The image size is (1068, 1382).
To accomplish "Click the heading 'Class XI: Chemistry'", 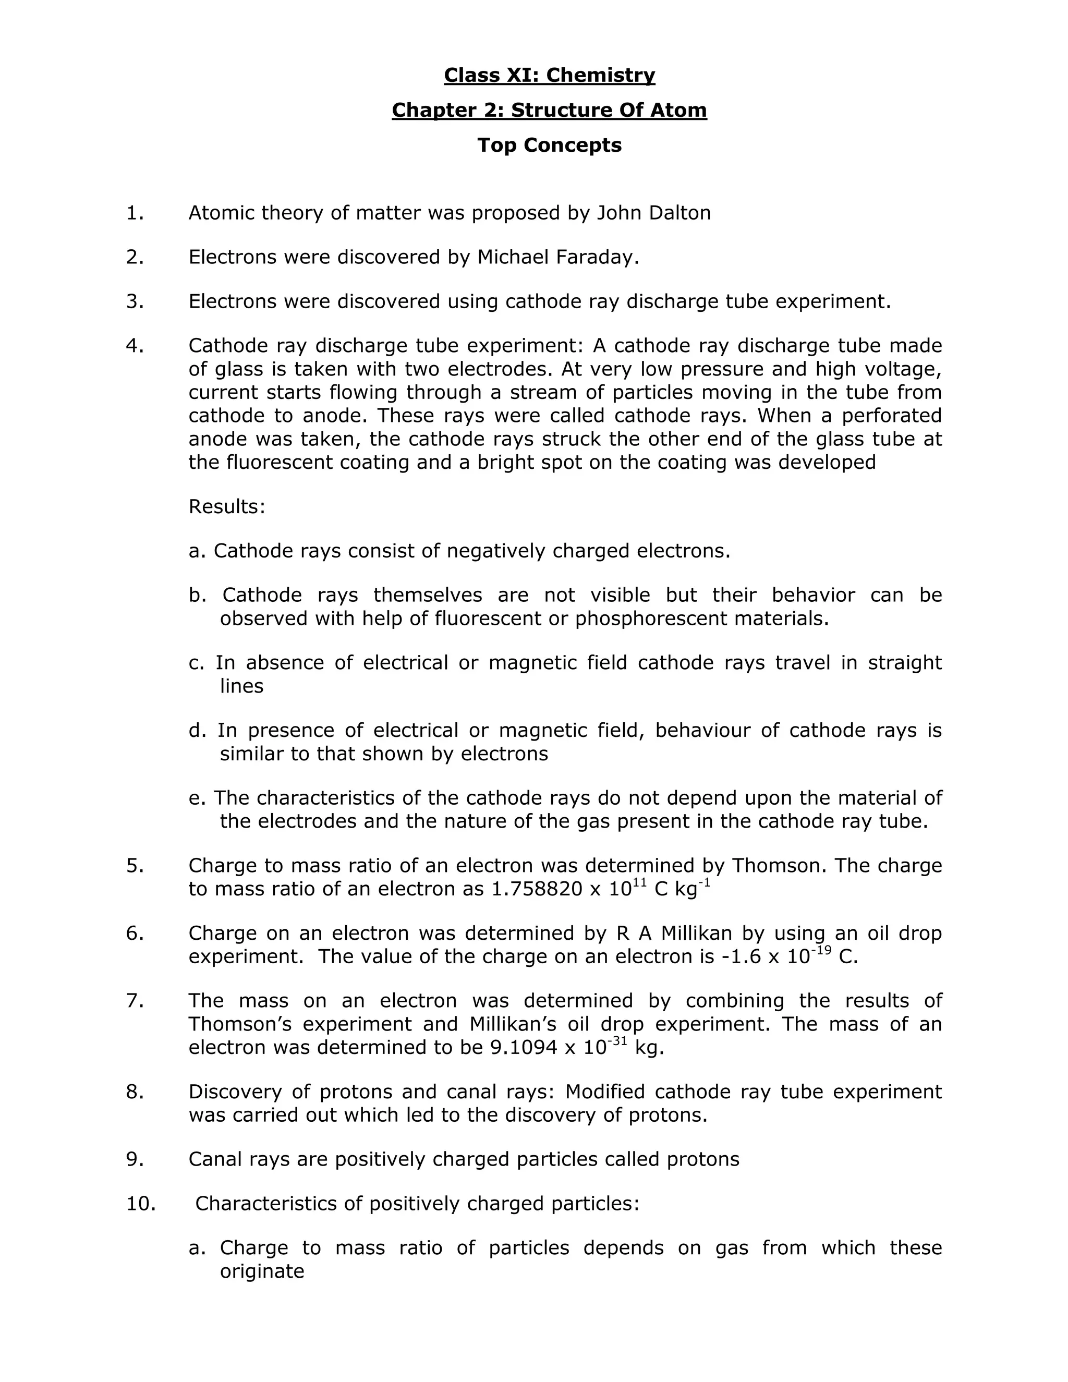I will [549, 75].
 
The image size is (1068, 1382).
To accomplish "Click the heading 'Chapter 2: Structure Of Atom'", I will [549, 110].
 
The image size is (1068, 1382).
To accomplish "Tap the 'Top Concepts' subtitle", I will [549, 145].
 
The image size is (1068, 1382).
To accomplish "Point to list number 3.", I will [135, 301].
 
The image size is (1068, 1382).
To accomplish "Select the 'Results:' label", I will [226, 507].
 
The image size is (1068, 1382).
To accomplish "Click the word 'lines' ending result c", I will [241, 686].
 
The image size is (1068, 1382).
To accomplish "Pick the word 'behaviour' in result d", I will [702, 730].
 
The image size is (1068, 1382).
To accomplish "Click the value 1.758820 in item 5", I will [537, 889].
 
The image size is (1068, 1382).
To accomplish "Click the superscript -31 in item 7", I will [617, 1040].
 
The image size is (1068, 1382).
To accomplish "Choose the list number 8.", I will [135, 1092].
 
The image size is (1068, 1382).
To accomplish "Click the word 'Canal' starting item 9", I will [216, 1159].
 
